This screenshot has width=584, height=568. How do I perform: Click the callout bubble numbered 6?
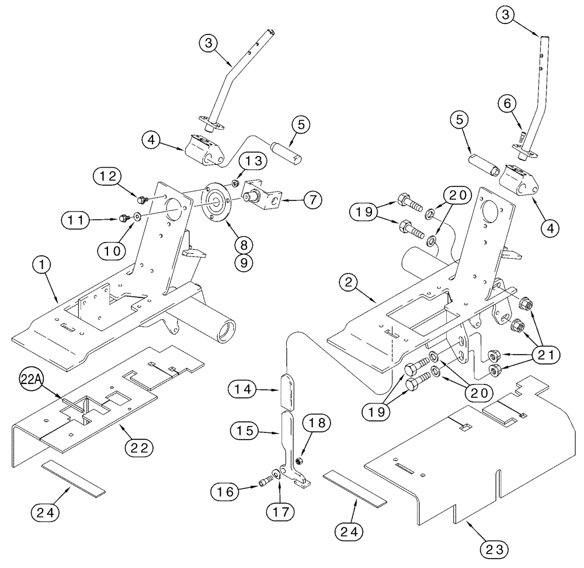(x=506, y=104)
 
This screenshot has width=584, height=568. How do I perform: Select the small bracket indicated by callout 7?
(x=265, y=196)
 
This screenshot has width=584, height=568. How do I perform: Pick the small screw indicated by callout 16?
(x=266, y=483)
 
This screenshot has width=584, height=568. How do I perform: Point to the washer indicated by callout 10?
(x=137, y=217)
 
